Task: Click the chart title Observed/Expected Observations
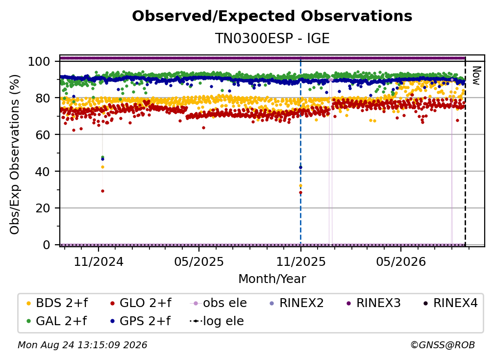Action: click(272, 16)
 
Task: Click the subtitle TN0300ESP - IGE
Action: click(272, 38)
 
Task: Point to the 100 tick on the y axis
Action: click(39, 61)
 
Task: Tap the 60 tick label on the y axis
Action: click(43, 134)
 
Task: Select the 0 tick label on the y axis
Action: click(47, 245)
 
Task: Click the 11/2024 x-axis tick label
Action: click(99, 261)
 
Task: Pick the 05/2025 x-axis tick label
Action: click(199, 261)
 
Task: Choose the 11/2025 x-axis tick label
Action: click(301, 261)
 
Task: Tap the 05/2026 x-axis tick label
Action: click(401, 261)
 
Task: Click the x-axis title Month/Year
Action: click(272, 279)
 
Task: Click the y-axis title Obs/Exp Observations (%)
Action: click(15, 154)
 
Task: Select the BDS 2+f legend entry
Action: click(57, 303)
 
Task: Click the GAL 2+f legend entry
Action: click(56, 321)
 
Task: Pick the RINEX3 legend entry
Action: click(373, 303)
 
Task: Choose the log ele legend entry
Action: click(217, 321)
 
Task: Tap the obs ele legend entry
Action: click(219, 303)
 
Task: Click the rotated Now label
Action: click(476, 76)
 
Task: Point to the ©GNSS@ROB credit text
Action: click(443, 345)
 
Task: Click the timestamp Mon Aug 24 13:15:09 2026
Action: click(82, 345)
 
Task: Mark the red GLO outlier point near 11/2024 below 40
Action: click(102, 191)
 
